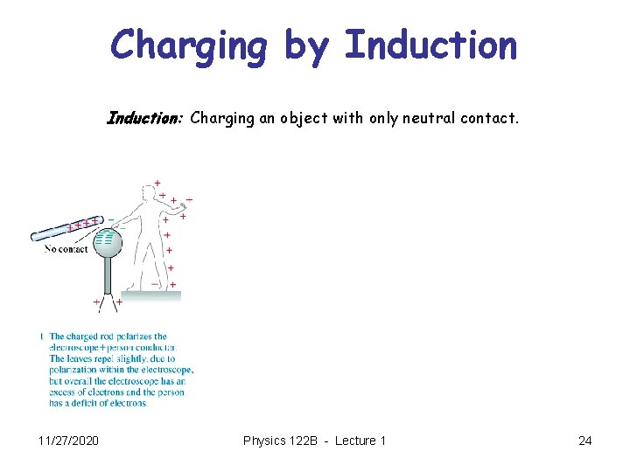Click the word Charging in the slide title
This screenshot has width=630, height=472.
[x=189, y=45]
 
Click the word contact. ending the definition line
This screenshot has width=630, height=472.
[x=492, y=117]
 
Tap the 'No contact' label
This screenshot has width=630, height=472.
[x=66, y=249]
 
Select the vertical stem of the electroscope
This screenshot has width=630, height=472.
[x=108, y=277]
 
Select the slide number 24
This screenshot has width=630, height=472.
[x=584, y=441]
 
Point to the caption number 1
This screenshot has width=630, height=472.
[x=41, y=337]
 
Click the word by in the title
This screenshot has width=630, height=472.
[x=305, y=47]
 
